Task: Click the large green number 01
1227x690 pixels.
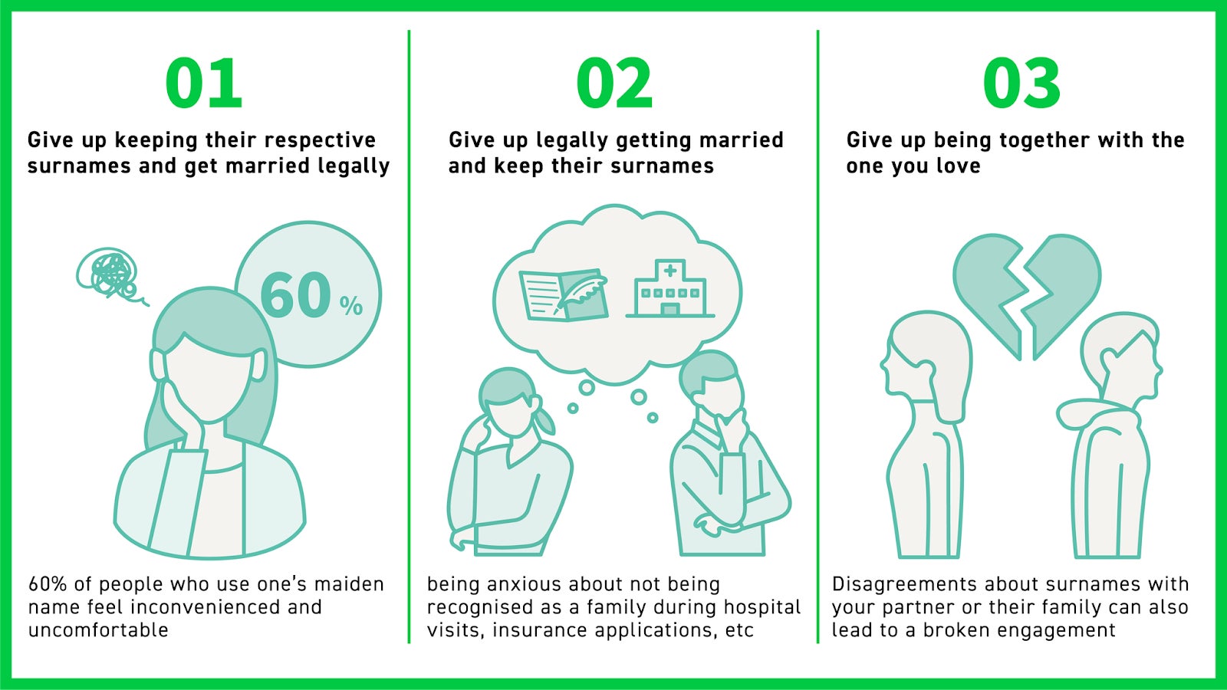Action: coord(204,83)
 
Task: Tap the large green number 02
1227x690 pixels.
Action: coord(614,83)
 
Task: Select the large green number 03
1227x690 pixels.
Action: coord(1021,83)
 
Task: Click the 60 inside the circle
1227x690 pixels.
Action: coord(296,296)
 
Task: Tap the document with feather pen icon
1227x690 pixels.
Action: coord(564,294)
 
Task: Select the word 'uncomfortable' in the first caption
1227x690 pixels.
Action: coord(98,630)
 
